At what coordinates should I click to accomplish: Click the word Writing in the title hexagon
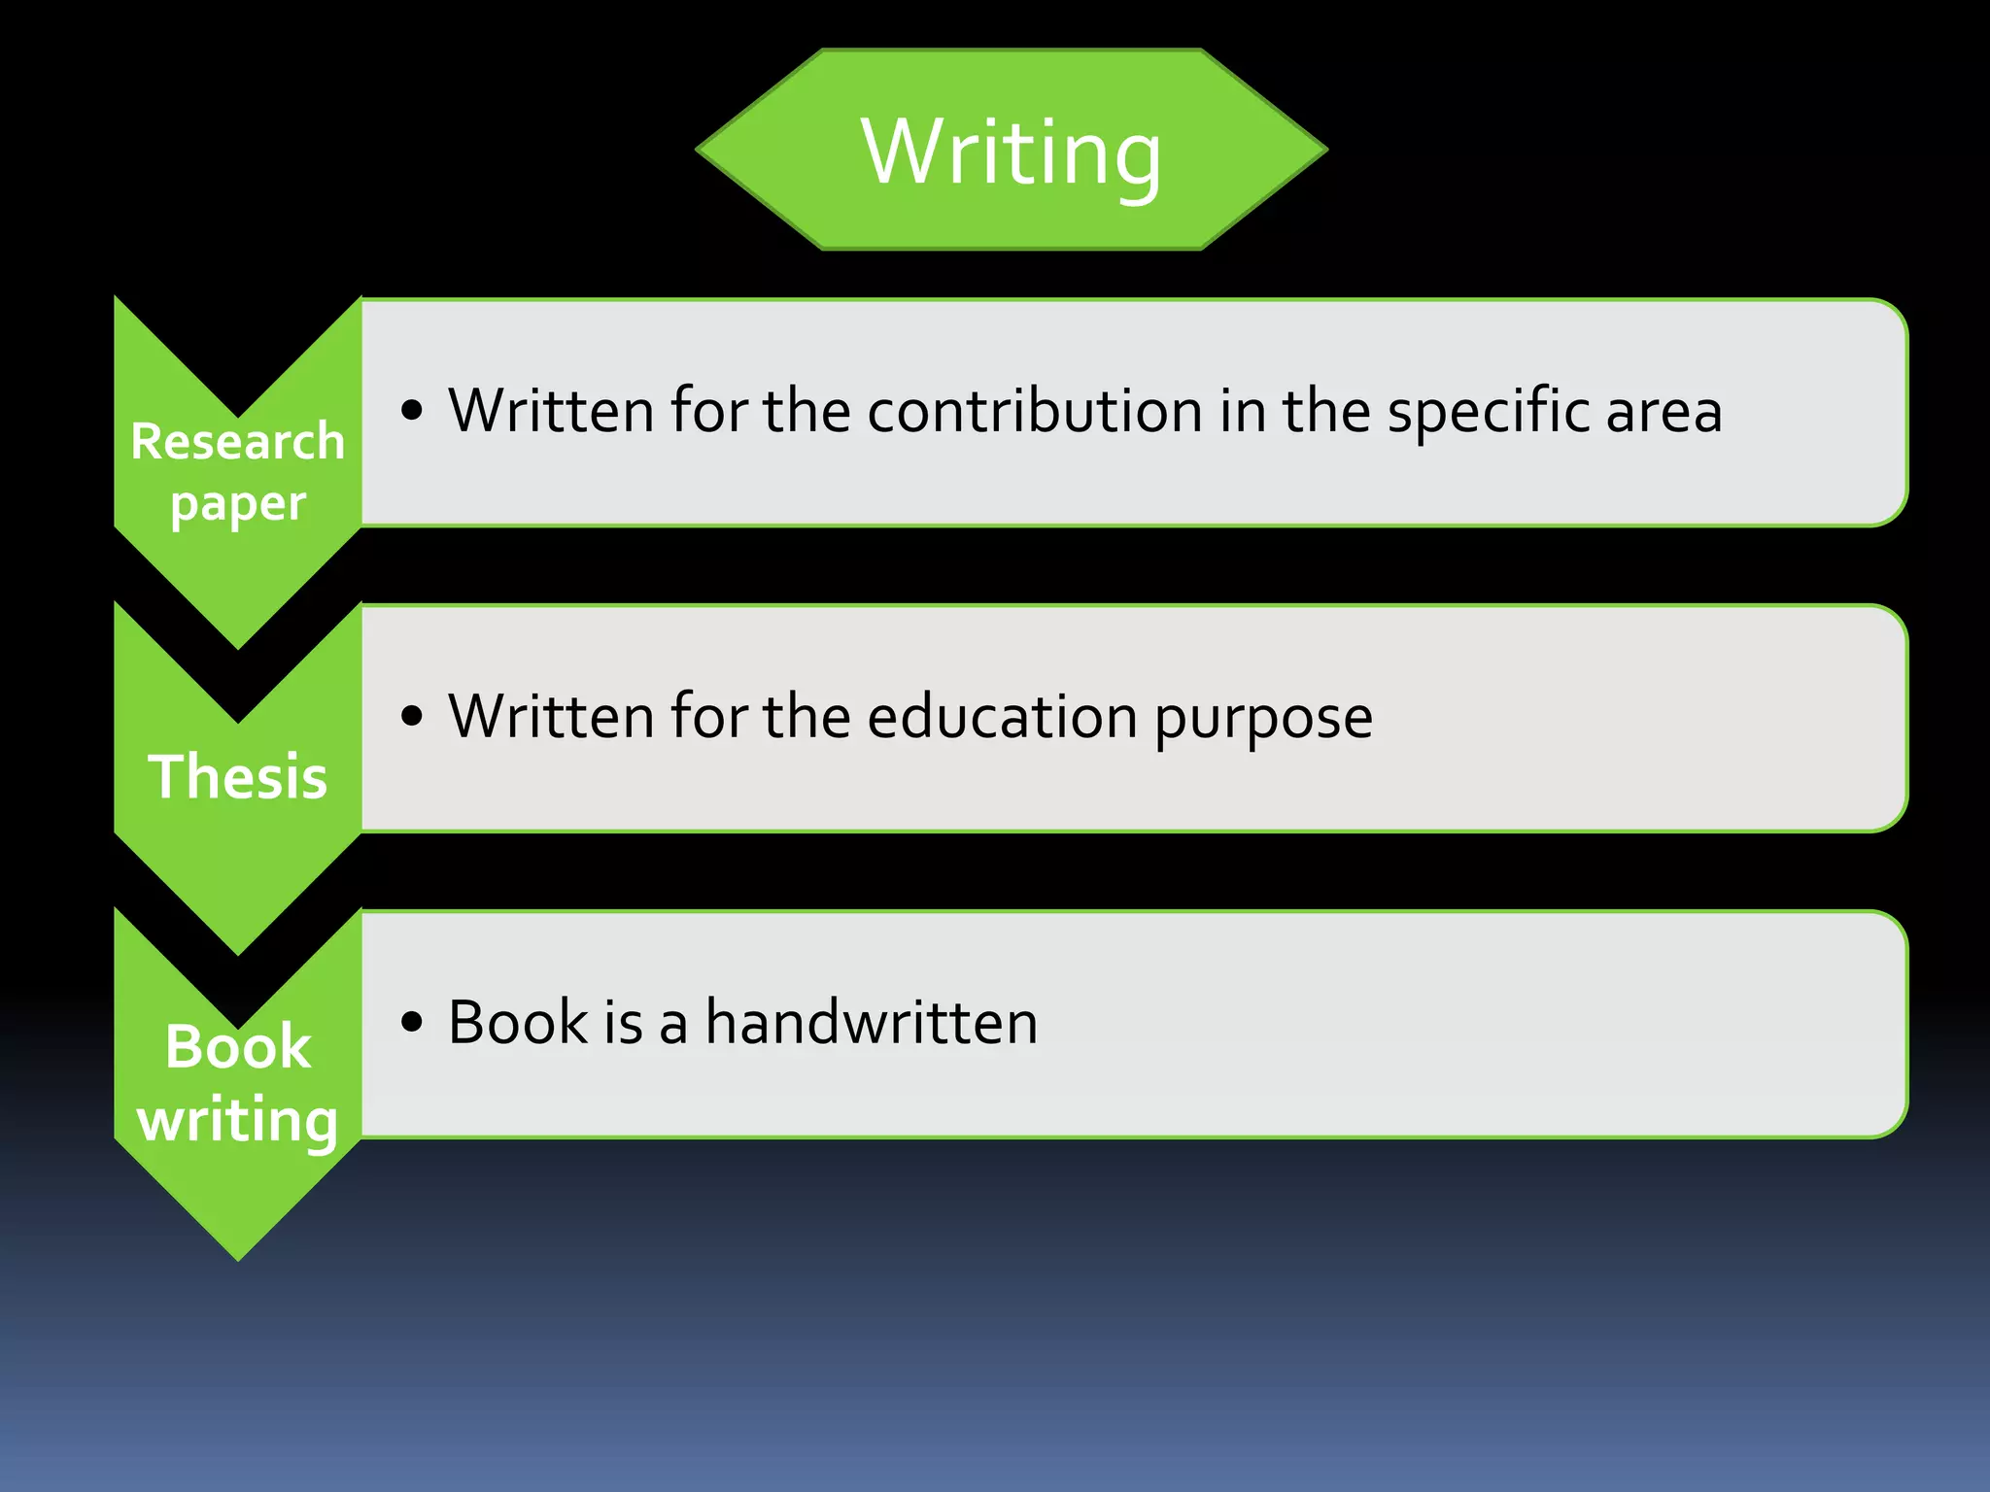click(1011, 153)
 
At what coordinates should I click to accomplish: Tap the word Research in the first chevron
click(238, 442)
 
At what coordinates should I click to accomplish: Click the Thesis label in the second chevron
click(238, 777)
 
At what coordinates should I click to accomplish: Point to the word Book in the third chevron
click(238, 1046)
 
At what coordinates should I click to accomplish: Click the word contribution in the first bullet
click(1035, 411)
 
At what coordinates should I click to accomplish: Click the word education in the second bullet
click(1002, 717)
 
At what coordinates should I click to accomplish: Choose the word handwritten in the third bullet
click(872, 1022)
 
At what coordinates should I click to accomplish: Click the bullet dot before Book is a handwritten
click(412, 1022)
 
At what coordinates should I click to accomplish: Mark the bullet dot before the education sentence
click(412, 717)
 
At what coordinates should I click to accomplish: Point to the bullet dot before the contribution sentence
click(412, 411)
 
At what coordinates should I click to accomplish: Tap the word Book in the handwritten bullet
click(518, 1022)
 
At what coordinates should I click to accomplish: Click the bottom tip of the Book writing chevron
click(238, 1257)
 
